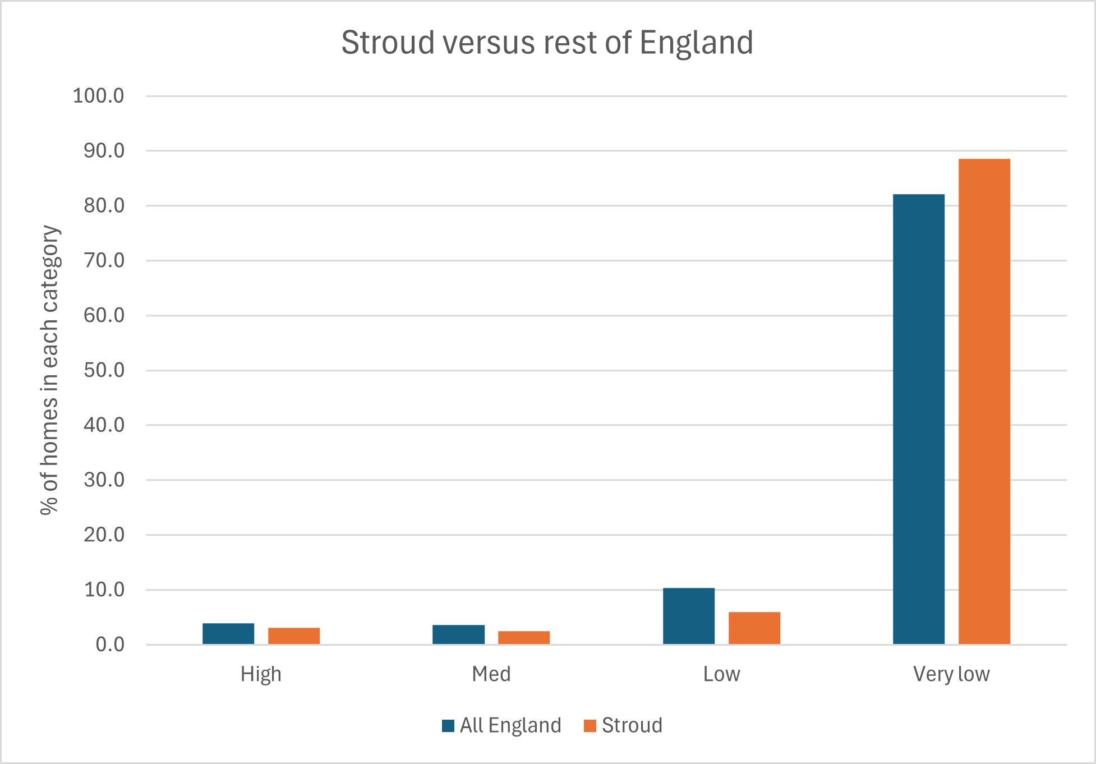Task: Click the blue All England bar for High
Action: pyautogui.click(x=228, y=634)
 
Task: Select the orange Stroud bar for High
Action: pyautogui.click(x=294, y=636)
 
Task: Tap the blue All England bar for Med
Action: pyautogui.click(x=458, y=634)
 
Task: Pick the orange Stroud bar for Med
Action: pyautogui.click(x=524, y=638)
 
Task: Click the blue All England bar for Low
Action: pyautogui.click(x=689, y=616)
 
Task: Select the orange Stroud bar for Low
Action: pyautogui.click(x=754, y=628)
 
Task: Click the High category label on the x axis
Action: pyautogui.click(x=261, y=674)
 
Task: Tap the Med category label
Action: pyautogui.click(x=491, y=674)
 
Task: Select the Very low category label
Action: pyautogui.click(x=951, y=674)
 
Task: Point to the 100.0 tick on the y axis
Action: pyautogui.click(x=99, y=96)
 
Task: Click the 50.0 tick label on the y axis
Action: pyautogui.click(x=104, y=370)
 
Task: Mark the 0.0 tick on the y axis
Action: pyautogui.click(x=110, y=645)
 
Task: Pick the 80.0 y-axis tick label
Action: pyautogui.click(x=104, y=206)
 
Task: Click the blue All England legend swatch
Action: pyautogui.click(x=448, y=726)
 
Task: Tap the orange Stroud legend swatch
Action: pyautogui.click(x=590, y=726)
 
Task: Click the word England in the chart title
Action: pyautogui.click(x=696, y=43)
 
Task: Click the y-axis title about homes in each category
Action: pyautogui.click(x=49, y=370)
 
